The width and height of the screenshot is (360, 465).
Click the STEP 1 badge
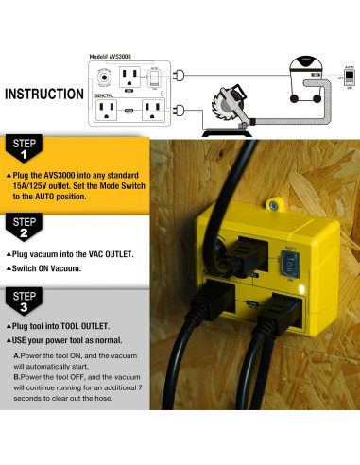[24, 150]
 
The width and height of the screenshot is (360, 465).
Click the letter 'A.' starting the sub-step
[17, 356]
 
